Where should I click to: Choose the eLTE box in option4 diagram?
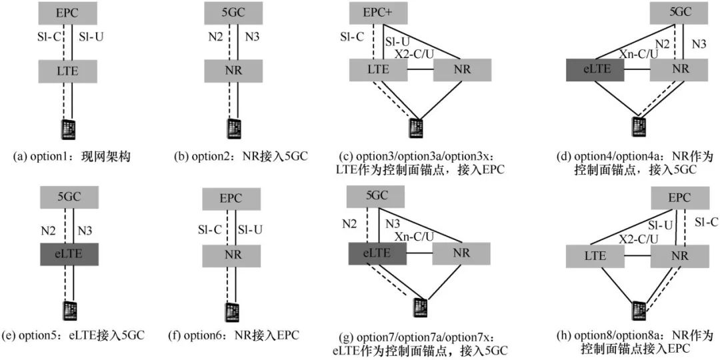coord(595,70)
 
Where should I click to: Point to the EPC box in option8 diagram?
coord(679,198)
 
